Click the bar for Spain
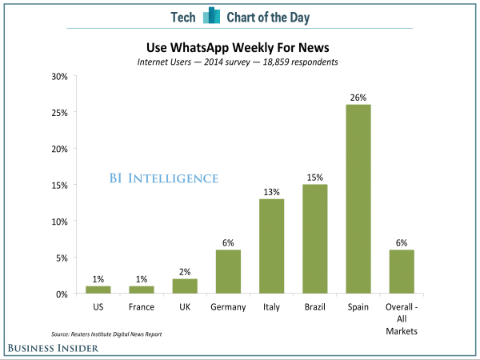(358, 199)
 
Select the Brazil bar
(315, 239)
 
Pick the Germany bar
(228, 272)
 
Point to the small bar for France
(142, 290)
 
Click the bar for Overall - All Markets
(402, 272)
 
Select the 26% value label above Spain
(358, 98)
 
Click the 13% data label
(271, 192)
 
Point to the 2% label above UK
(185, 272)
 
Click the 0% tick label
(60, 294)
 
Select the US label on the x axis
(98, 306)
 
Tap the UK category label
(185, 306)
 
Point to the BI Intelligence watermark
(163, 178)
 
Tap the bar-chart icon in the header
(211, 16)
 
